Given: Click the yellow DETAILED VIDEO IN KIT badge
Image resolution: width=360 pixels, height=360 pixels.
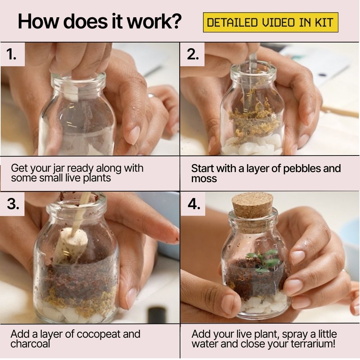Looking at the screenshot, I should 270,23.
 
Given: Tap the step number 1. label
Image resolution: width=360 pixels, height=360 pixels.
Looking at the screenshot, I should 12,54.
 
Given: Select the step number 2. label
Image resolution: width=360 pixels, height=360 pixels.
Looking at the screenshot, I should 193,54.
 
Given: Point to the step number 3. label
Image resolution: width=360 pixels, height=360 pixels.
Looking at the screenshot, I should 13,204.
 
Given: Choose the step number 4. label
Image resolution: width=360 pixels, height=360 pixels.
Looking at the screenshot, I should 193,204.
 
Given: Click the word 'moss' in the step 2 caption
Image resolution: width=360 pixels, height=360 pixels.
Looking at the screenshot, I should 204,179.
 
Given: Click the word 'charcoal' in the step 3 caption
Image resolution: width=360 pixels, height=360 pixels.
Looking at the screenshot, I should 30,344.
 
